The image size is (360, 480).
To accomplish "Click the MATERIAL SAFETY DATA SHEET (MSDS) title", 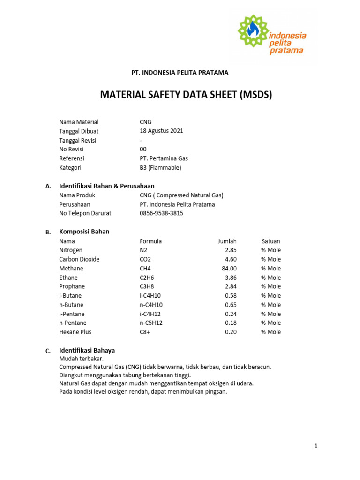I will (186, 95).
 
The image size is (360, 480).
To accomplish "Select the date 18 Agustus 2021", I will (161, 131).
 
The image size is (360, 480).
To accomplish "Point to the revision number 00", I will (143, 150).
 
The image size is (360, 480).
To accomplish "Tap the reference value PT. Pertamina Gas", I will (164, 158).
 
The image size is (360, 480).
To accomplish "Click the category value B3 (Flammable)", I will (160, 168).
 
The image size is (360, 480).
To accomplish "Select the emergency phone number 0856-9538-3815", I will (161, 213).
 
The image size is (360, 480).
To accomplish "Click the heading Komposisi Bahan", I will (84, 232).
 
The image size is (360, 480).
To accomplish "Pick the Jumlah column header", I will (227, 241).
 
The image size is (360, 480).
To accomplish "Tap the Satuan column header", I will (271, 241).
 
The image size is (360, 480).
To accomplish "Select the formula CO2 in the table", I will (146, 259).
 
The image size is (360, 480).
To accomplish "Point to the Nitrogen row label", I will (71, 250).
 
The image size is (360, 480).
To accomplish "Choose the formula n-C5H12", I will (151, 323).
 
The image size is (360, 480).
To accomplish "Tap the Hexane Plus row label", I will (75, 332).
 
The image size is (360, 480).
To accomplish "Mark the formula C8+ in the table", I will (145, 332).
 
